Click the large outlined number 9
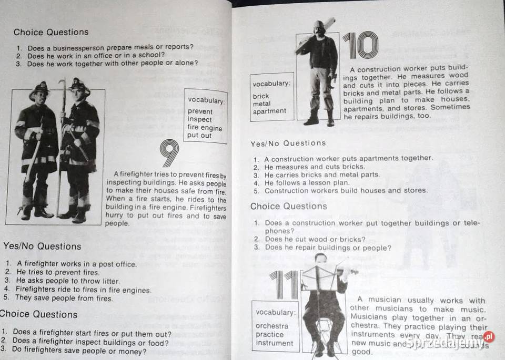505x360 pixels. point(169,153)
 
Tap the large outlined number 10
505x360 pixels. point(360,46)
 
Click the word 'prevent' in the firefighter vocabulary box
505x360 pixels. point(200,111)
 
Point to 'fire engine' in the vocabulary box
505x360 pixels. point(205,128)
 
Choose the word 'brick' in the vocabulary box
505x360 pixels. point(260,96)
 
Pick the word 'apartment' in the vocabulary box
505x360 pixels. point(269,111)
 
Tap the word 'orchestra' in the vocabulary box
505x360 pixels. point(271,326)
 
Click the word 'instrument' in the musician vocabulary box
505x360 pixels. point(274,343)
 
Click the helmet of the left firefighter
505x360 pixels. point(39,89)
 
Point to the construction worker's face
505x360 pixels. point(319,30)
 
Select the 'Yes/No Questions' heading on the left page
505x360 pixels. point(42,246)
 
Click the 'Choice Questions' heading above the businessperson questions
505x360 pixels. point(51,32)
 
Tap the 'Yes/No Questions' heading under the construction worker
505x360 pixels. point(288,143)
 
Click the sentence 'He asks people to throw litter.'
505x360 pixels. point(68,281)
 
